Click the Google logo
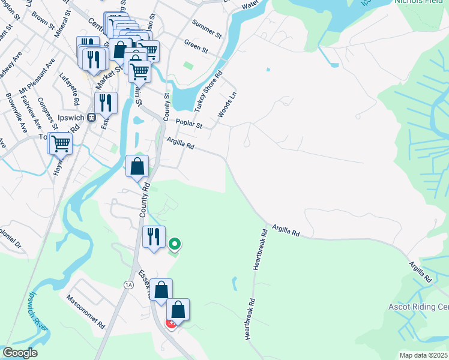[x=20, y=353]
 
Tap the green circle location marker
[x=175, y=244]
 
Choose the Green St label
[x=196, y=46]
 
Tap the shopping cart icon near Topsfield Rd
[x=60, y=143]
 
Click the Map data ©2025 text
[x=424, y=355]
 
